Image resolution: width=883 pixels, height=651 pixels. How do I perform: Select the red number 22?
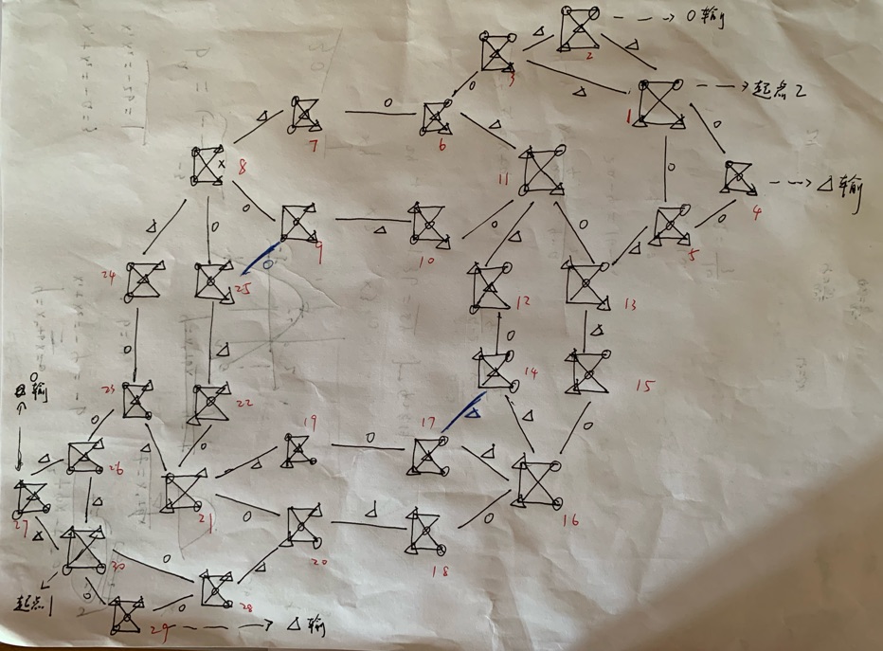pos(244,404)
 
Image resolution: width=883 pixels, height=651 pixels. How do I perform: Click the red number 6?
pos(441,146)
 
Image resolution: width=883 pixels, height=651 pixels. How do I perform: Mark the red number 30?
pos(118,567)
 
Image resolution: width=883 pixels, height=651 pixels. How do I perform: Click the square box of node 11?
pos(538,171)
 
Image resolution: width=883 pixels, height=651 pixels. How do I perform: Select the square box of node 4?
pos(738,177)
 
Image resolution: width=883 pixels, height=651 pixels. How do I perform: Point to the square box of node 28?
pos(217,589)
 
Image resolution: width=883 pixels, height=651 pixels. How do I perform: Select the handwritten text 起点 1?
pos(37,602)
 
